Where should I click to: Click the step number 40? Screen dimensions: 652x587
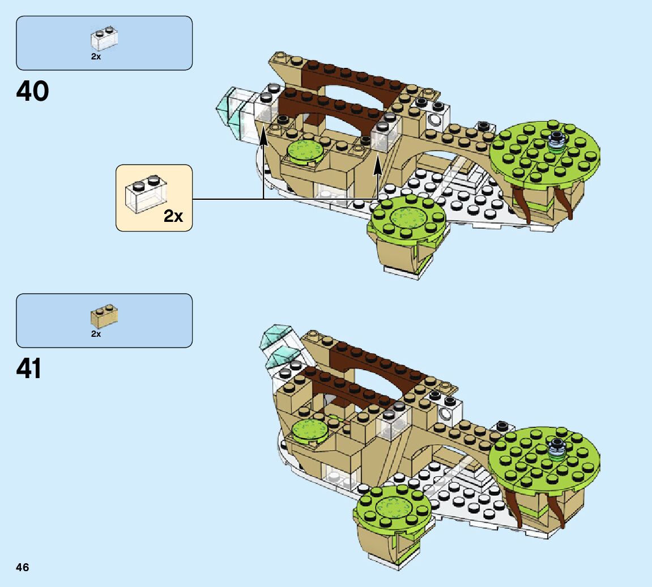(x=33, y=91)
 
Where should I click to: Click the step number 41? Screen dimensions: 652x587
(x=29, y=369)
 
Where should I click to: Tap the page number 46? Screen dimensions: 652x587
(x=23, y=567)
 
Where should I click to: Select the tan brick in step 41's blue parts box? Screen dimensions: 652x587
(x=104, y=316)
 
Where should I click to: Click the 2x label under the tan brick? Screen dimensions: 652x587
(x=96, y=334)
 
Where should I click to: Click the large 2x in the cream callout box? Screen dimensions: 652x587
(x=173, y=216)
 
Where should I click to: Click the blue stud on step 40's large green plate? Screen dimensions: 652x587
(x=556, y=139)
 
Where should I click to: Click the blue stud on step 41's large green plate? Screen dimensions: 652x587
(x=558, y=447)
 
